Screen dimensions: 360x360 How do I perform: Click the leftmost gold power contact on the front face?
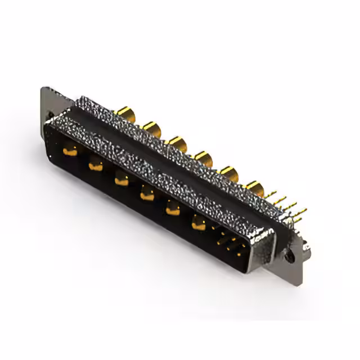tap(70, 150)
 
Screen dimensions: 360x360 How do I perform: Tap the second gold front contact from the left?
tap(95, 165)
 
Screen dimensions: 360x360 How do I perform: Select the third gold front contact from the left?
tap(120, 180)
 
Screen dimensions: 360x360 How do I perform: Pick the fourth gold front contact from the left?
tap(146, 195)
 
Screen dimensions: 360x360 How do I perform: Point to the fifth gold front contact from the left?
tap(172, 209)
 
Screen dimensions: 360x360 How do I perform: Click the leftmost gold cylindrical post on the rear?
tap(125, 115)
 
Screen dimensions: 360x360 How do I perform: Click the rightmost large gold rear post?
tap(254, 188)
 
